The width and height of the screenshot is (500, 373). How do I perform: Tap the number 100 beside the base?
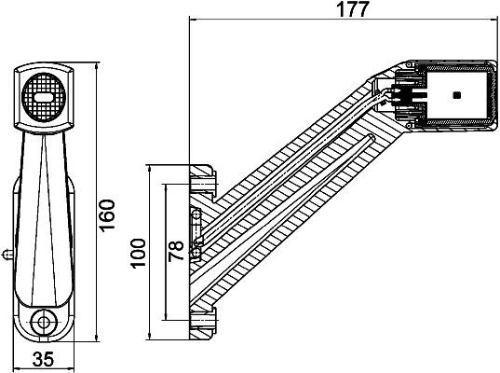pos(139,252)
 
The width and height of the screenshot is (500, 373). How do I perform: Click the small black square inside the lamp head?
pos(455,95)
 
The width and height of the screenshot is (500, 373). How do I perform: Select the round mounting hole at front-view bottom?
pos(43,322)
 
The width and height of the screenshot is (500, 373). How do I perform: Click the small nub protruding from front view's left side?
pos(7,252)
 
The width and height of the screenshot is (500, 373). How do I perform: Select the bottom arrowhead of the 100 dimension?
pos(150,336)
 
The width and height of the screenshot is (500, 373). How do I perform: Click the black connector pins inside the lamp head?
pos(407,94)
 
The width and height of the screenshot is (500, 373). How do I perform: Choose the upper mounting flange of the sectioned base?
pos(203,176)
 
